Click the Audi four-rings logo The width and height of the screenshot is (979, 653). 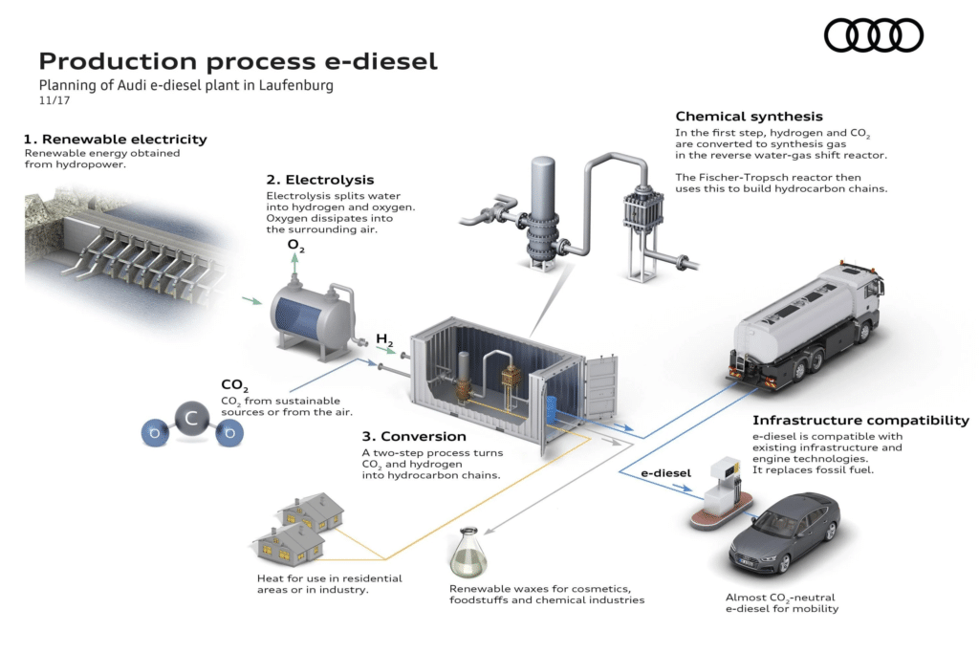[x=873, y=35]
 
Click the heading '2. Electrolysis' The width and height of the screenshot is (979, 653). [x=320, y=179]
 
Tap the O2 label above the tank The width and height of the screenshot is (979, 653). [x=296, y=246]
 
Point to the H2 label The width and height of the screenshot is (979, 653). [x=384, y=338]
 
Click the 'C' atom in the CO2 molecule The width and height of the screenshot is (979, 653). [x=192, y=418]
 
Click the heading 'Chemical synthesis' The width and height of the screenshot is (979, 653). [x=749, y=117]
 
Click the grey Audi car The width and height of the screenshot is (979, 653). [x=784, y=539]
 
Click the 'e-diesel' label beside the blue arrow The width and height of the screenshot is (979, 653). [x=664, y=472]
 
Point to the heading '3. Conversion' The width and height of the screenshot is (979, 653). [x=414, y=437]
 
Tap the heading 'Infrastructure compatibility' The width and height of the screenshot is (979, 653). [x=860, y=420]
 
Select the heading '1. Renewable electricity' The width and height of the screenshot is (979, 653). [x=116, y=139]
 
